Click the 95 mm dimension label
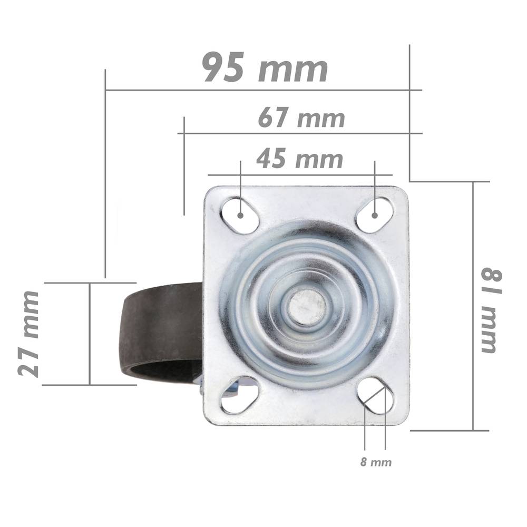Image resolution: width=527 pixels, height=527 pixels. point(265,67)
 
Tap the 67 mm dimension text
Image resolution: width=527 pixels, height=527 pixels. point(301,118)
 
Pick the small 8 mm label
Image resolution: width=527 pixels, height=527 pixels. point(376,462)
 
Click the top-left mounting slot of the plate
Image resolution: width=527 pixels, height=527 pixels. point(240,216)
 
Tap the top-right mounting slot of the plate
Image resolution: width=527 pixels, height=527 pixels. point(374,216)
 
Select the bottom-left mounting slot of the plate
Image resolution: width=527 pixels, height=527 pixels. point(240,395)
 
